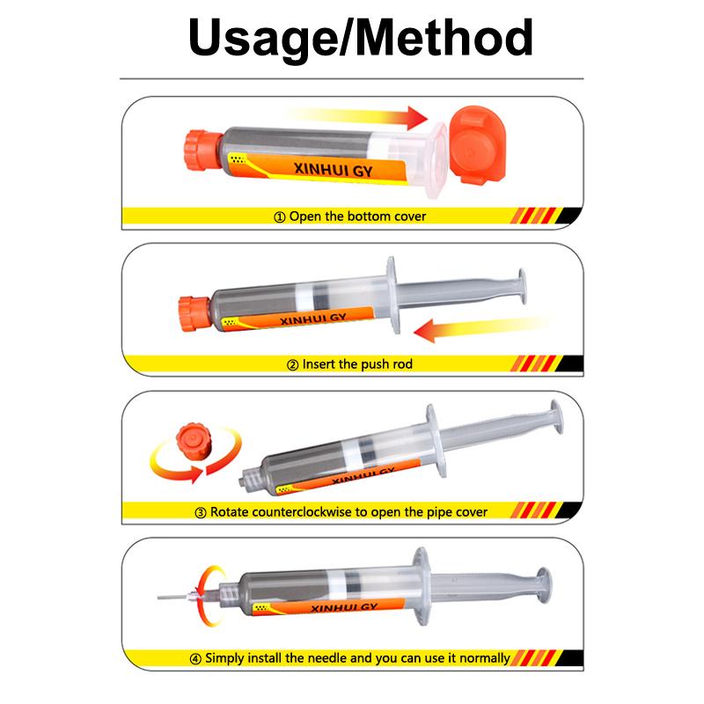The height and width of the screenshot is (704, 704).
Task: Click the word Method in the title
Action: (x=444, y=37)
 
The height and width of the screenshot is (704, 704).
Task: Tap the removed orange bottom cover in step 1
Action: (x=477, y=145)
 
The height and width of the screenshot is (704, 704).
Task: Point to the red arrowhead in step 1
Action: (x=417, y=118)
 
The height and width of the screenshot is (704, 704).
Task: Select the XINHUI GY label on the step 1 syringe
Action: (x=334, y=170)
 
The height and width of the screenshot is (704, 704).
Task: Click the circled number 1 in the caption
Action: (x=279, y=217)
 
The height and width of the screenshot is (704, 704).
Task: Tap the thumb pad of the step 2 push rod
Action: (x=522, y=287)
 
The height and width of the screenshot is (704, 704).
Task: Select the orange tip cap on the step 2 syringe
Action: (x=194, y=313)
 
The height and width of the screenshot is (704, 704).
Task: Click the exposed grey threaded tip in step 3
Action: (x=252, y=479)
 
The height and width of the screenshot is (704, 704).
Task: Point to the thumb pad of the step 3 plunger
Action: (x=557, y=417)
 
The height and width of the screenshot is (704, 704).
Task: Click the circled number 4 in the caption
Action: (x=195, y=659)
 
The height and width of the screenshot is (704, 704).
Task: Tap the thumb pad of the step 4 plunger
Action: (x=544, y=584)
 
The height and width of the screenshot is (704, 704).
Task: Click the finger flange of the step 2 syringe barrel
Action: (x=392, y=295)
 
